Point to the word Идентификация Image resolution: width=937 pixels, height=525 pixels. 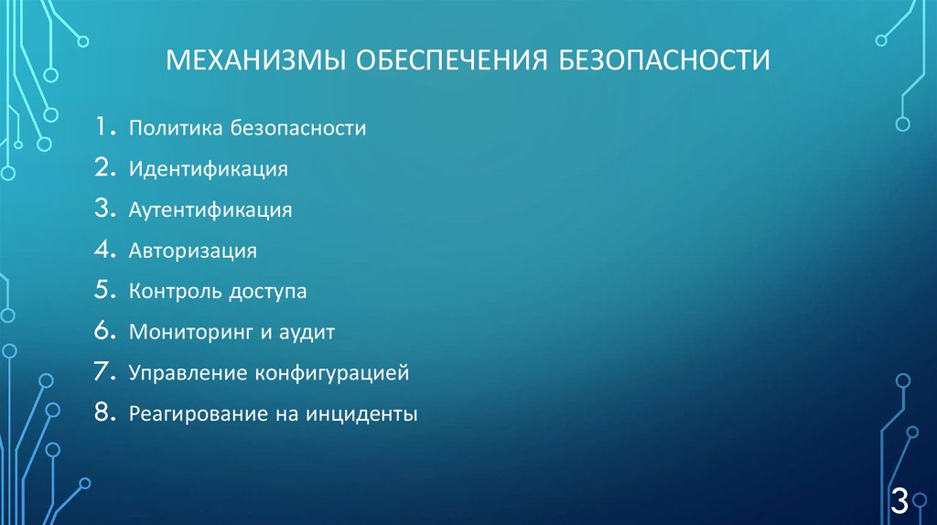209,169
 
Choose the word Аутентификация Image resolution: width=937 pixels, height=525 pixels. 210,210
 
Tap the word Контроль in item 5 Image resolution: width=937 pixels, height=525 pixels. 174,292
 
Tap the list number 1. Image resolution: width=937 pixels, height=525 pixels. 102,127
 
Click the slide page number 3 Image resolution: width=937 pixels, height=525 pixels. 899,500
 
